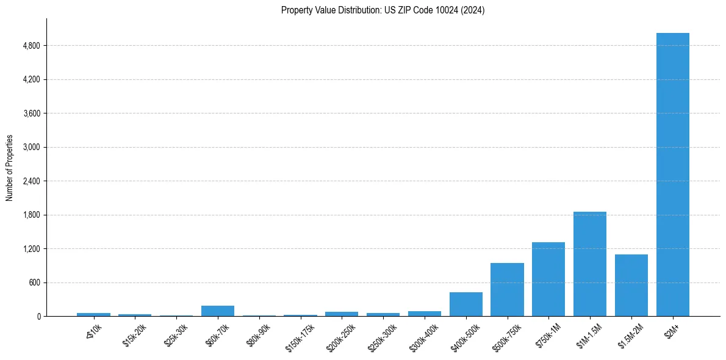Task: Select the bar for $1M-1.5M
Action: [589, 264]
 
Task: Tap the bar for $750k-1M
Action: [548, 279]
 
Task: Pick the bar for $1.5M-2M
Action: [631, 286]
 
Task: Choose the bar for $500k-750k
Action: [507, 290]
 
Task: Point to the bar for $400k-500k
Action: [465, 304]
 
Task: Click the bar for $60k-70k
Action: [217, 311]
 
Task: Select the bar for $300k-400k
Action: [424, 314]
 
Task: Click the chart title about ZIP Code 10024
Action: [383, 10]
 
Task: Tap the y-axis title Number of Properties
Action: [9, 168]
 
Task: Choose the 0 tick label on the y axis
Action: [38, 317]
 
